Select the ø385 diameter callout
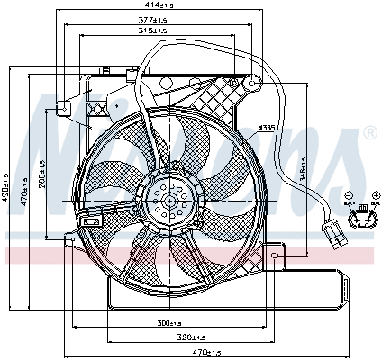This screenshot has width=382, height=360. click(266, 127)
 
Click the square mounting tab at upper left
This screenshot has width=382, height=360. click(64, 107)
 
